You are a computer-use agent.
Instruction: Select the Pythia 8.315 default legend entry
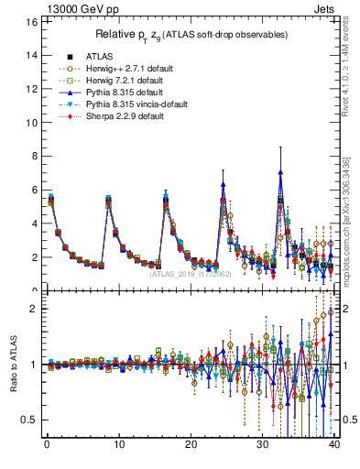(x=116, y=93)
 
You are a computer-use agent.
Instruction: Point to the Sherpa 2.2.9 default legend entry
(x=116, y=117)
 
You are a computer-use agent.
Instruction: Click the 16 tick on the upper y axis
(x=30, y=21)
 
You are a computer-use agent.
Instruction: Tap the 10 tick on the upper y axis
(x=30, y=123)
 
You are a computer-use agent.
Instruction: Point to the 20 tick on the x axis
(x=191, y=446)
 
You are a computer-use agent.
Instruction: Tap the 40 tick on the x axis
(x=334, y=446)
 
